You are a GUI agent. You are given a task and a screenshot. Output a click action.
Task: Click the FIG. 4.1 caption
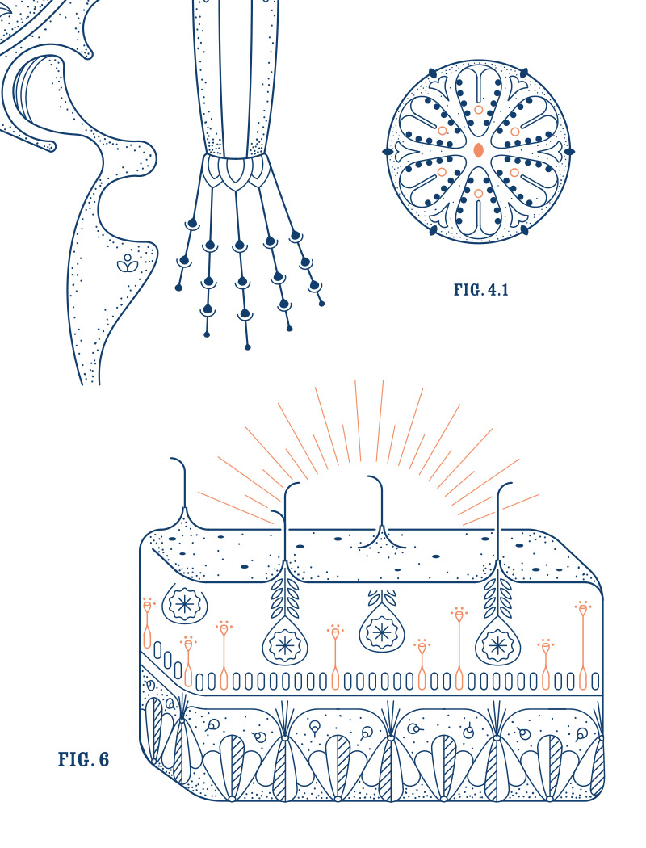pyautogui.click(x=480, y=290)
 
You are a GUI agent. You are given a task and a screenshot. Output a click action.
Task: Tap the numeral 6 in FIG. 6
pyautogui.click(x=103, y=759)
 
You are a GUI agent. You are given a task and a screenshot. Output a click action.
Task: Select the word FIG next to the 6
pyautogui.click(x=73, y=759)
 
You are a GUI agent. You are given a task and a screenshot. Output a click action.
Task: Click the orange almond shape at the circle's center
pyautogui.click(x=478, y=150)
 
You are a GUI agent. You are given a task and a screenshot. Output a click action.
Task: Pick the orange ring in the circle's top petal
pyautogui.click(x=478, y=110)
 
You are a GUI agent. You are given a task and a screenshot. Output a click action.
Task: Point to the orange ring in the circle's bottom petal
pyautogui.click(x=478, y=193)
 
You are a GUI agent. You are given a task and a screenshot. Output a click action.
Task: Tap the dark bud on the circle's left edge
pyautogui.click(x=387, y=152)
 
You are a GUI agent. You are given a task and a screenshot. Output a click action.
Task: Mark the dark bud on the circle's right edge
pyautogui.click(x=569, y=152)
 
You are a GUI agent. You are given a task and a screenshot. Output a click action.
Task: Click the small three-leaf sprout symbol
pyautogui.click(x=127, y=262)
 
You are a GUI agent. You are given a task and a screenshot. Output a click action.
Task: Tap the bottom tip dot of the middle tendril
pyautogui.click(x=248, y=346)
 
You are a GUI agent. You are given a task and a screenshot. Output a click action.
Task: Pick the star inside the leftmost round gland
pyautogui.click(x=185, y=604)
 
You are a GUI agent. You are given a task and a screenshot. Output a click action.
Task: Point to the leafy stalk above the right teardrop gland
pyautogui.click(x=497, y=595)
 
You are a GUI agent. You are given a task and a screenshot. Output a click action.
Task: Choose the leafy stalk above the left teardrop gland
pyautogui.click(x=285, y=595)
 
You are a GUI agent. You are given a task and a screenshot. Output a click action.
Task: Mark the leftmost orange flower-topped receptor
pyautogui.click(x=147, y=623)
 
